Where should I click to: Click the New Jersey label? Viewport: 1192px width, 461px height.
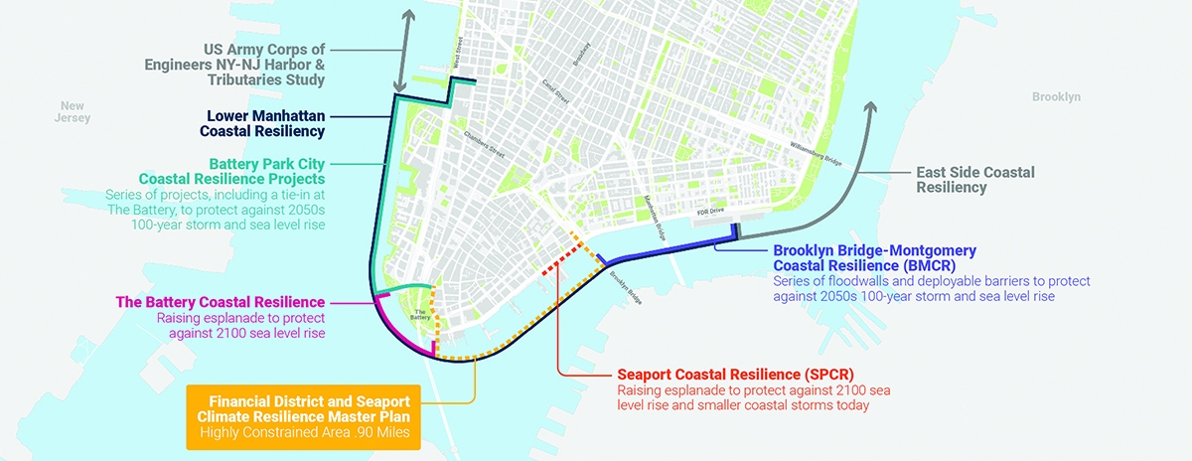click(x=74, y=111)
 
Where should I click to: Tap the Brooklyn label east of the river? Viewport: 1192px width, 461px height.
click(x=1055, y=97)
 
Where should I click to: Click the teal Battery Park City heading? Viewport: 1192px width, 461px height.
click(x=267, y=171)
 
